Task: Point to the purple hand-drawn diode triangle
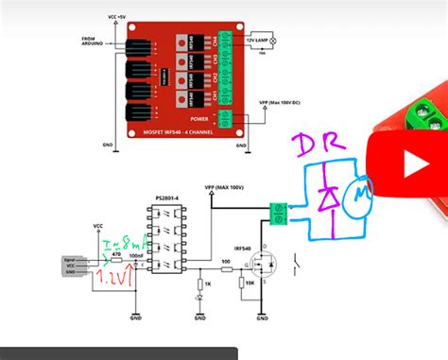click(x=329, y=197)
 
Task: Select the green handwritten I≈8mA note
click(x=120, y=246)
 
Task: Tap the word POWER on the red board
click(x=199, y=119)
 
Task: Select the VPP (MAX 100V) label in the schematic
click(x=225, y=188)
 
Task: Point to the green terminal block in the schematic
click(x=279, y=213)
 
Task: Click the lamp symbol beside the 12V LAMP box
click(x=274, y=41)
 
